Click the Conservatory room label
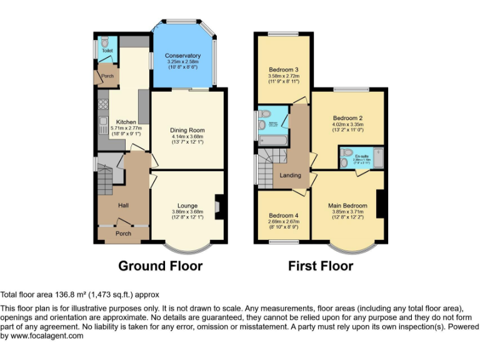[x=184, y=56]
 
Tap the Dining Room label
[x=187, y=131]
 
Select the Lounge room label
[x=187, y=206]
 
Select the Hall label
[x=123, y=205]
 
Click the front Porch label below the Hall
[x=123, y=234]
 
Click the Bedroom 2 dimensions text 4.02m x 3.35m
[x=348, y=124]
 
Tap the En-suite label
[x=361, y=156]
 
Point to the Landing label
[x=290, y=176]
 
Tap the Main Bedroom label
[x=347, y=206]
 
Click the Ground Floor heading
[x=161, y=266]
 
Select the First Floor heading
[x=321, y=266]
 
